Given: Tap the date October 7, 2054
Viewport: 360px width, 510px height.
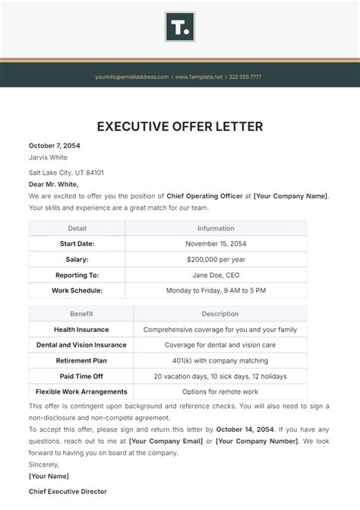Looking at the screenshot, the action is coord(55,145).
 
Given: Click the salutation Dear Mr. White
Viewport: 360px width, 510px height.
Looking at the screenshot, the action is coord(54,184).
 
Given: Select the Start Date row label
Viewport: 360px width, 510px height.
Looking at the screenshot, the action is coord(77,243).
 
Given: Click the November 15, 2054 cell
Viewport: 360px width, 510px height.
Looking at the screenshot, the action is coord(216,243).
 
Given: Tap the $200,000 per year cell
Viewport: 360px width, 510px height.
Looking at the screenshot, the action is coord(216,259).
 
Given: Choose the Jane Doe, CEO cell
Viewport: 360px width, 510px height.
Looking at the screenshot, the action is coord(216,275).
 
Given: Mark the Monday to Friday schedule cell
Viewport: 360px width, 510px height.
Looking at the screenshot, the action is coord(216,290).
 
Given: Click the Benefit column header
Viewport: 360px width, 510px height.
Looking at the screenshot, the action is coord(81,313).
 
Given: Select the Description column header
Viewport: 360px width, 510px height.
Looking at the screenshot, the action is coord(220,313).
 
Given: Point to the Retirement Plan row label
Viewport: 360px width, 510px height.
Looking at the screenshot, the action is coord(81,360).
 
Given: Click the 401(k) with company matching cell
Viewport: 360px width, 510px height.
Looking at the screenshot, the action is coord(220,360).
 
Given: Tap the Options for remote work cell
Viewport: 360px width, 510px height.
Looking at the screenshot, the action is coord(220,391).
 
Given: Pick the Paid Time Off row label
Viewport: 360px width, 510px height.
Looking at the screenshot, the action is coord(81,376).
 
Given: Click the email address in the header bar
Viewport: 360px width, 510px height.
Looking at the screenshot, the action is coord(131,77).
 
